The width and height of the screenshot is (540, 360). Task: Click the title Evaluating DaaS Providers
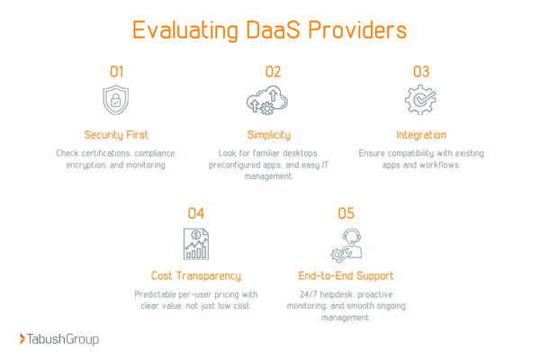tap(269, 30)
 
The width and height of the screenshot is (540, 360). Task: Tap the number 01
tap(117, 71)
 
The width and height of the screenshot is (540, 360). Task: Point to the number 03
tap(420, 71)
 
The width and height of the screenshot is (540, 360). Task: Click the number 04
tap(195, 213)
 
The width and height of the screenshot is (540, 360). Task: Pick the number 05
tap(346, 213)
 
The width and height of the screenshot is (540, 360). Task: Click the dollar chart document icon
tap(195, 243)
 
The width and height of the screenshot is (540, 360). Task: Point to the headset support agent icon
tap(346, 243)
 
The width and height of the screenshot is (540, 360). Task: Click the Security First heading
tap(117, 135)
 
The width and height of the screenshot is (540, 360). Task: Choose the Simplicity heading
tap(269, 135)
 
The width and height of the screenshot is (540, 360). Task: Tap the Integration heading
tap(420, 135)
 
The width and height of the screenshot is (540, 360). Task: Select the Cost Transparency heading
tap(195, 275)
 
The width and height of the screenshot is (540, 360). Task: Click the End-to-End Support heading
tap(346, 275)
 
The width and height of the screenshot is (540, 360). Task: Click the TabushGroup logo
tap(59, 339)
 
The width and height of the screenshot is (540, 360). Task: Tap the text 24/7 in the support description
tap(311, 294)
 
